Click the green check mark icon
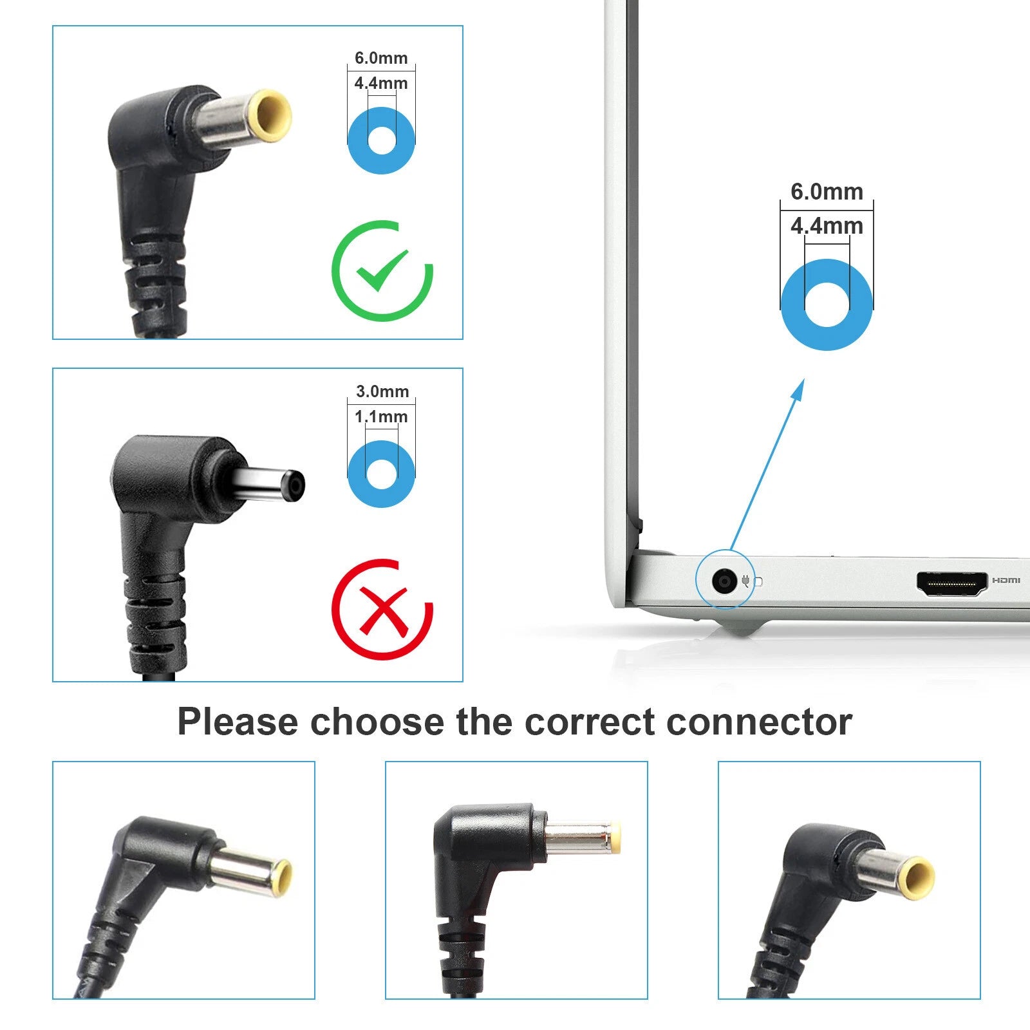(382, 271)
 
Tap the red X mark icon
(382, 609)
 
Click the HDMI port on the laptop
(952, 583)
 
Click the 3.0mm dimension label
(382, 391)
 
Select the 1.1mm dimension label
(381, 417)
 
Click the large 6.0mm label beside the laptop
(827, 191)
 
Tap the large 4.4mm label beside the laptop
(827, 226)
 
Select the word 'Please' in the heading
(238, 722)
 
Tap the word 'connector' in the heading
(760, 722)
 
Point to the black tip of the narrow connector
(295, 486)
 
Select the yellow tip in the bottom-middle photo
(615, 838)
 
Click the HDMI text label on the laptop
(1006, 581)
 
